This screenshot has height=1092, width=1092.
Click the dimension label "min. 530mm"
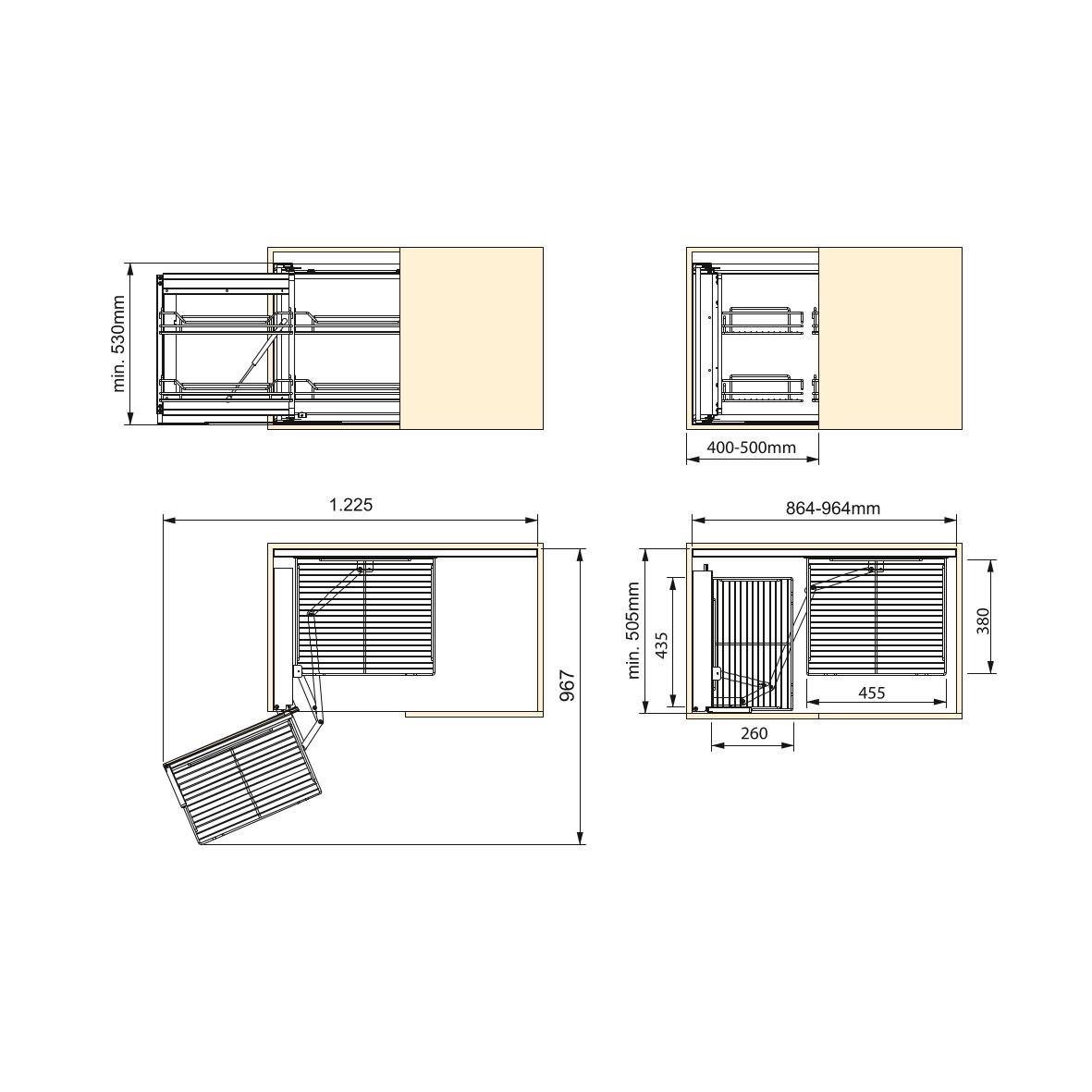click(118, 343)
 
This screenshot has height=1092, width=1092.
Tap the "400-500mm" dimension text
click(752, 448)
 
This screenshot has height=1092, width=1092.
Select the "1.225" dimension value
click(351, 504)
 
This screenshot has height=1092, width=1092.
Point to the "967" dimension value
click(568, 685)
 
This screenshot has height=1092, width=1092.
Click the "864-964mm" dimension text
click(833, 509)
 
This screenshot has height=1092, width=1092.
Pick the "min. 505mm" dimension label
click(633, 631)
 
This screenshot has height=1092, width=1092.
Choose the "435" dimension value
click(662, 644)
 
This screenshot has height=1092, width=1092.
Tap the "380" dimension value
click(983, 620)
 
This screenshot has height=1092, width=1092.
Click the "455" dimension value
click(872, 693)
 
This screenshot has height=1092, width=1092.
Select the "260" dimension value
click(755, 733)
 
